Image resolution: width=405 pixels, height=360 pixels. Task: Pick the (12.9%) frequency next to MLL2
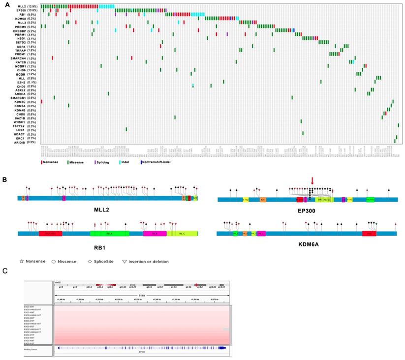[33, 6]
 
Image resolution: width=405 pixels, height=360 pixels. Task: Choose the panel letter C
[5, 271]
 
